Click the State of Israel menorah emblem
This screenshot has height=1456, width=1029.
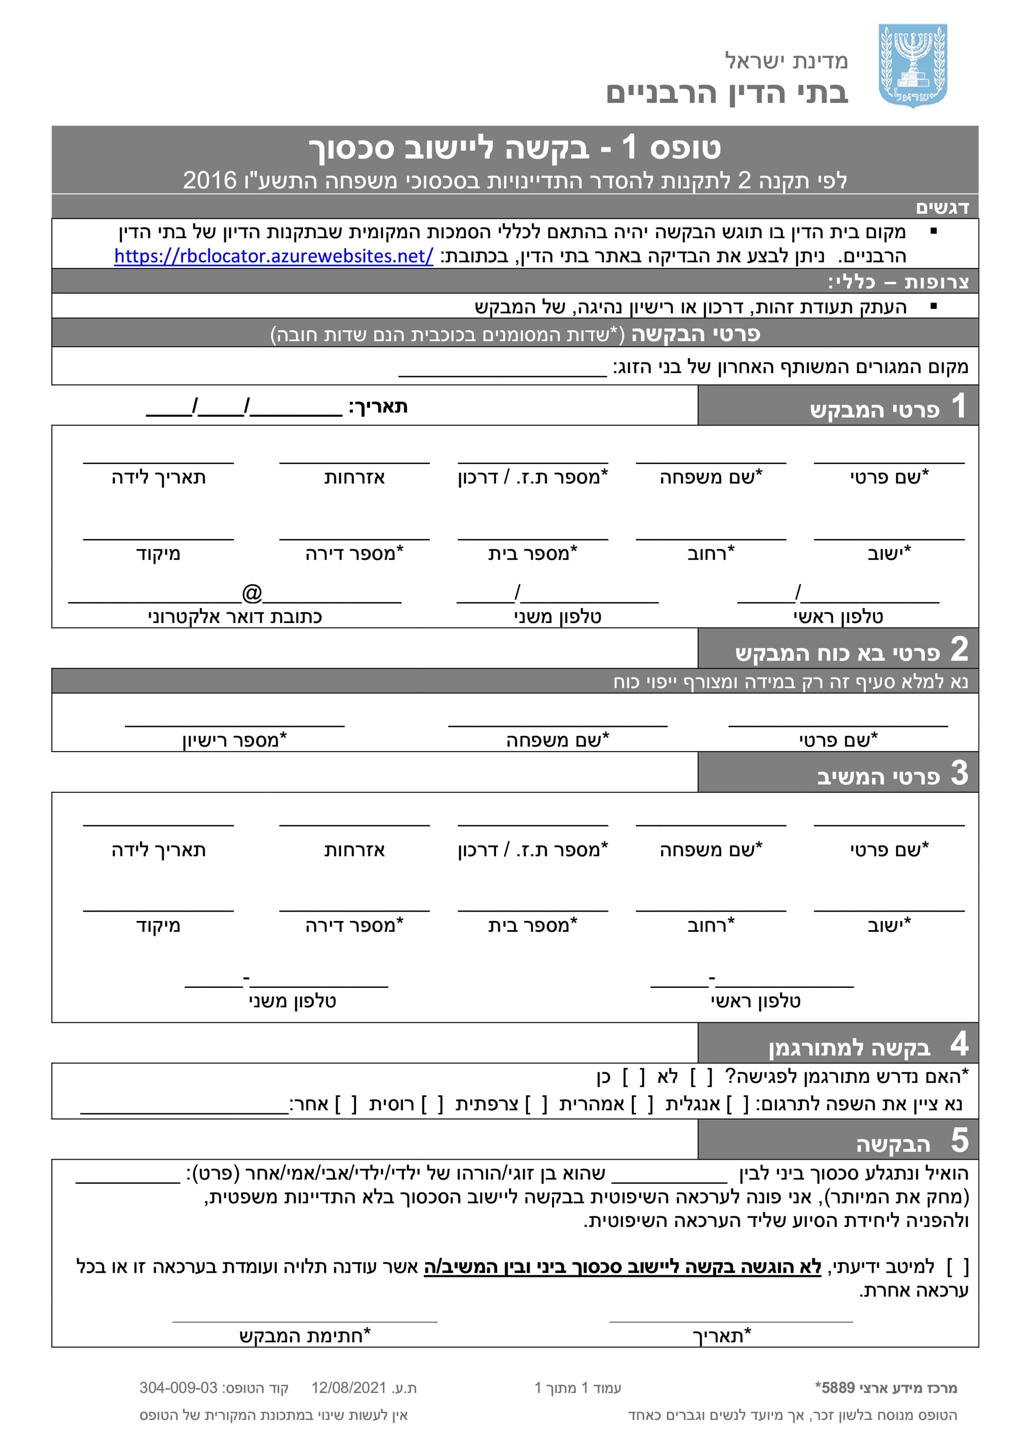[912, 65]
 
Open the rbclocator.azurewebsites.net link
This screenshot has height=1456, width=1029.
[273, 256]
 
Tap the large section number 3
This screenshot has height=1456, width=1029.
[959, 774]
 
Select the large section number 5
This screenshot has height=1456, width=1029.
[959, 1141]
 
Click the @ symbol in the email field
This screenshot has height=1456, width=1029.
[252, 593]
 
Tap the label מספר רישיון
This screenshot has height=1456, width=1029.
[235, 740]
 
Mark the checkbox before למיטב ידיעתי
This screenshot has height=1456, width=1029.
[957, 1265]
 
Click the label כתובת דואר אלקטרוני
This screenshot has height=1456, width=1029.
[235, 616]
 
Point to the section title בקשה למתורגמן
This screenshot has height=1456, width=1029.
[849, 1049]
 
